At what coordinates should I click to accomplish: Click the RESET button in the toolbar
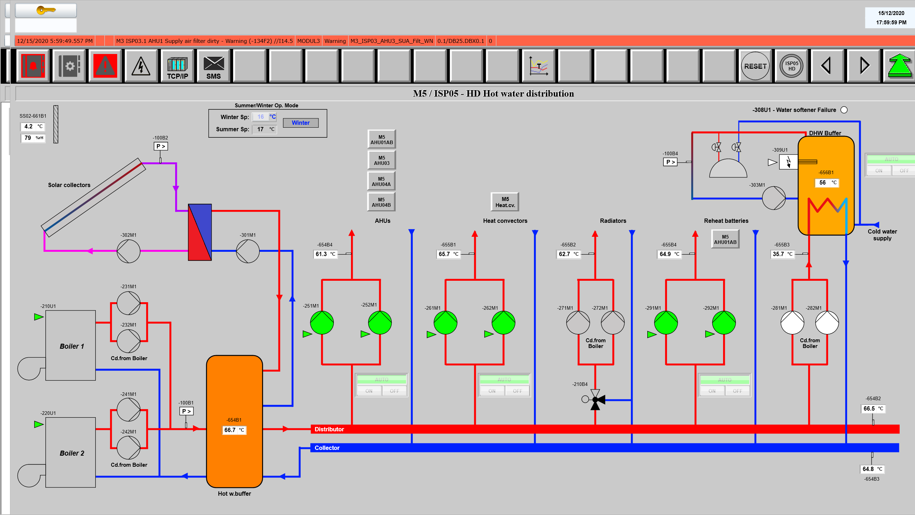(755, 66)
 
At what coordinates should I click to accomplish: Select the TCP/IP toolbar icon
(177, 67)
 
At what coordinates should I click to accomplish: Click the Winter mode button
(301, 123)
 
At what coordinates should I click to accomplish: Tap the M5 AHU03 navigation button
(381, 160)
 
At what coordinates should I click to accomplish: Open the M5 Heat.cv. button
(505, 202)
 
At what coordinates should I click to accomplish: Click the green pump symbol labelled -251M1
(322, 323)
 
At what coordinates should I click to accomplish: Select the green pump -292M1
(724, 323)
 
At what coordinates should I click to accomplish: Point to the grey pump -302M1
(129, 251)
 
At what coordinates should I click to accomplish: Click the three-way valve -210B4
(595, 399)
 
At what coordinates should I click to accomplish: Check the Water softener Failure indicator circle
(844, 110)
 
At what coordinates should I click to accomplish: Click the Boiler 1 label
(71, 346)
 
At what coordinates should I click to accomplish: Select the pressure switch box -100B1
(186, 411)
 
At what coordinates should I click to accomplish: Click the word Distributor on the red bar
(329, 429)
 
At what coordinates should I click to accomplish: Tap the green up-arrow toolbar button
(899, 66)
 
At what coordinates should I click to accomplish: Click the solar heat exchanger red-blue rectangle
(200, 232)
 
